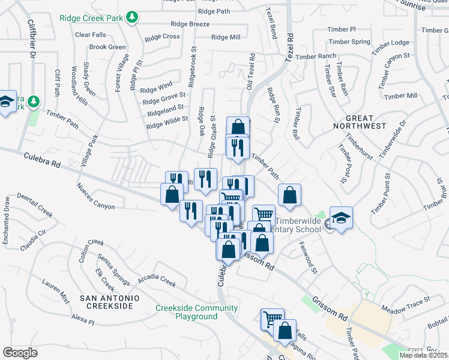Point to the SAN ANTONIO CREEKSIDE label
[109, 302]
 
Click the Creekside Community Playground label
[196, 312]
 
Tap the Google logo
[20, 352]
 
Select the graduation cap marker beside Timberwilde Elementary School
[341, 218]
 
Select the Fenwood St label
[305, 257]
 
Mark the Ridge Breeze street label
[190, 24]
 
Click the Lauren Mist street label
[56, 289]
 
